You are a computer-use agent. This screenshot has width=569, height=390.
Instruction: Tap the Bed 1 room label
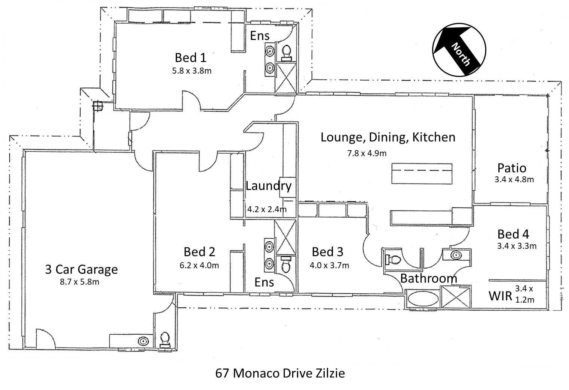tap(190, 58)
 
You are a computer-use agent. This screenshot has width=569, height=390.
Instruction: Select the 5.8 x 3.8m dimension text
tap(192, 70)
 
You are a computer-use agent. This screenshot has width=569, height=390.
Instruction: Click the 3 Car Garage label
tap(81, 269)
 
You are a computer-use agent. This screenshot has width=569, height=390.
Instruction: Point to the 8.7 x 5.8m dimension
tap(79, 282)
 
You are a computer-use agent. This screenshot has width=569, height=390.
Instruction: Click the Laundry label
tap(268, 186)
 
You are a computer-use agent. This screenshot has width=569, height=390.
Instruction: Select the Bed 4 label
tap(513, 234)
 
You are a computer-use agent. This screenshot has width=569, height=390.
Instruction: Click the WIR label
tap(500, 296)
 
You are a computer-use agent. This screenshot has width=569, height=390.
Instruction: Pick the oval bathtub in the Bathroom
tap(423, 299)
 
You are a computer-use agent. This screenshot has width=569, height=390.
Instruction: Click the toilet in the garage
tap(164, 340)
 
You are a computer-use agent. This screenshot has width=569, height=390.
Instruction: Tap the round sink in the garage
tap(143, 341)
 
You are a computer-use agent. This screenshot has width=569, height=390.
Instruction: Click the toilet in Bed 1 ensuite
tap(287, 53)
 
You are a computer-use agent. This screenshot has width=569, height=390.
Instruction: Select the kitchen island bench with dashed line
tap(422, 173)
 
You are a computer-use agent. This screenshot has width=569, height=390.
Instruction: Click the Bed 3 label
tap(327, 252)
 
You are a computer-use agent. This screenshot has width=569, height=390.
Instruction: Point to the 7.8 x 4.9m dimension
tap(367, 153)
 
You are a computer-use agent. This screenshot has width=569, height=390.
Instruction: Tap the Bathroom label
tap(428, 278)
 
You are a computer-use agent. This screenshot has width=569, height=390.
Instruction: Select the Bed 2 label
tap(199, 252)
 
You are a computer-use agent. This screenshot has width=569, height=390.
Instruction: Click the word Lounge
tap(343, 137)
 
